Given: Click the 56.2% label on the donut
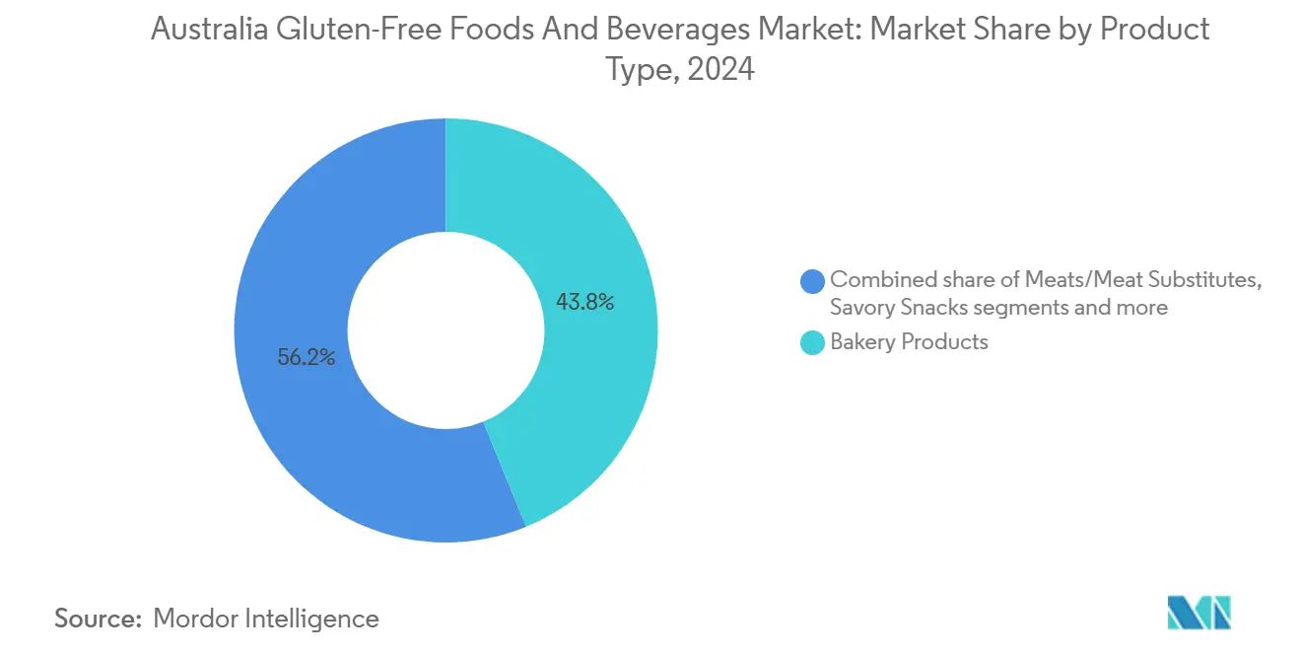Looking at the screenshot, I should pos(306,358).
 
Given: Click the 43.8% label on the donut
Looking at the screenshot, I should pos(584,303).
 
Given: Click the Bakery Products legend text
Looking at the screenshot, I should pos(908,342).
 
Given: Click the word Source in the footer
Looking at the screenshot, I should pos(97,619).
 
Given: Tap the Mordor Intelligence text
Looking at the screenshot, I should pos(266,619).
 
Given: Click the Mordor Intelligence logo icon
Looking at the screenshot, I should pos(1198,614).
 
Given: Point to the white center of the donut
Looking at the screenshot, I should pos(445,330).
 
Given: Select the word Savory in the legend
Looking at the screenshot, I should pos(863,307).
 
